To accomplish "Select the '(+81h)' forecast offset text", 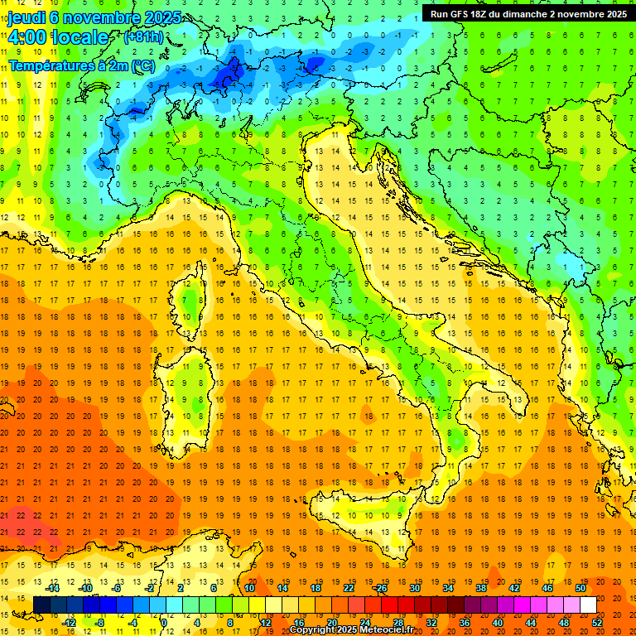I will tap(143, 38).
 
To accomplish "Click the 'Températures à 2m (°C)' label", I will tap(81, 65).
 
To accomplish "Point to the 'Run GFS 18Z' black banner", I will tap(528, 13).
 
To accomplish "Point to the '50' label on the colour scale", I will tap(580, 588).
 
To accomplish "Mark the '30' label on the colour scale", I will tap(414, 588).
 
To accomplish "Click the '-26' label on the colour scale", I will tap(380, 588).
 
